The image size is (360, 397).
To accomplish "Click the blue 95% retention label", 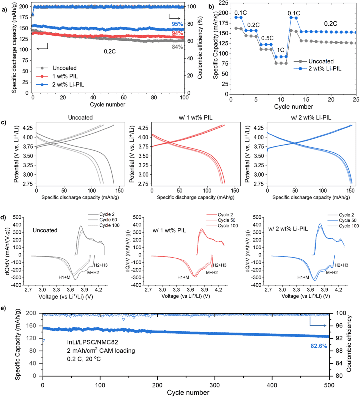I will pyautogui.click(x=177, y=24).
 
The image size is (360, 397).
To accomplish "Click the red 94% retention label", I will pyautogui.click(x=177, y=33).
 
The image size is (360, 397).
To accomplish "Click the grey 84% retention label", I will pyautogui.click(x=177, y=47).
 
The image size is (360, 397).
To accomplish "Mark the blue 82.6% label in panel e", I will pyautogui.click(x=319, y=346).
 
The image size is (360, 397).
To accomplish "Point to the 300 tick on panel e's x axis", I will pyautogui.click(x=215, y=383).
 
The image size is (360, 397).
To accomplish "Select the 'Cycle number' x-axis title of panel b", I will pyautogui.click(x=293, y=107).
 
